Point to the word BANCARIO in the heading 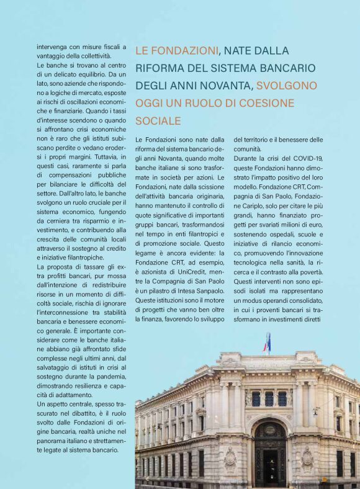click(290, 68)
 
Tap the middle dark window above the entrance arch click(269, 398)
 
